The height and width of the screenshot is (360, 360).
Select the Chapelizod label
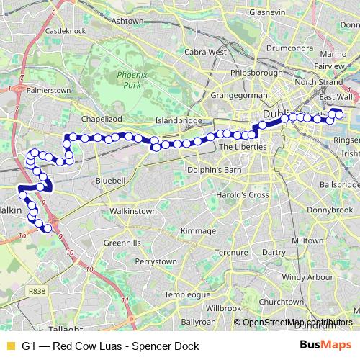coord(99,121)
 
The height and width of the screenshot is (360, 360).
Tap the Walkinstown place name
coord(132,211)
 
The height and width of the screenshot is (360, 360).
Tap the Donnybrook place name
coord(327,207)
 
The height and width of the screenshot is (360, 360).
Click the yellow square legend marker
coord(9,346)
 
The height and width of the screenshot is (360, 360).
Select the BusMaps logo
coord(325,346)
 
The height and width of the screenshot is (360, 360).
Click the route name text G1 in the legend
coord(29,346)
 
